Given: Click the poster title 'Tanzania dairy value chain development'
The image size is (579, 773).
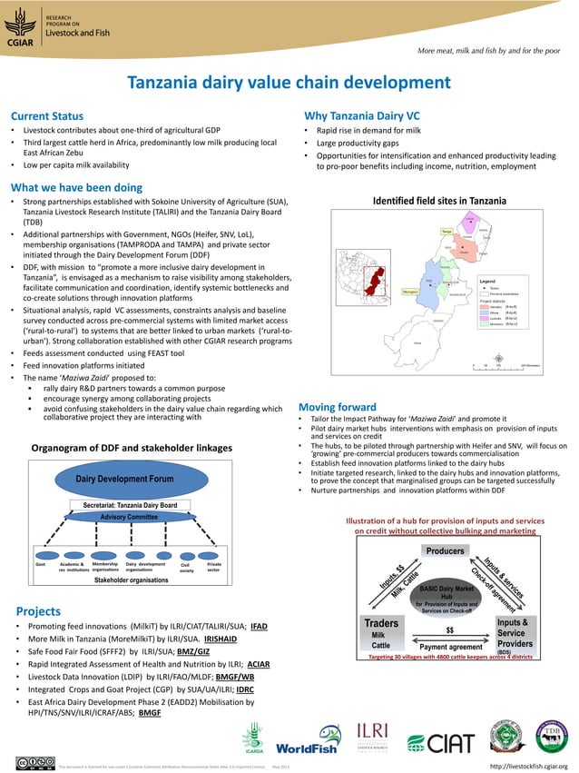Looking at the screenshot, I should pyautogui.click(x=289, y=84).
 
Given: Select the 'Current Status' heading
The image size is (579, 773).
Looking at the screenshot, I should pyautogui.click(x=46, y=116).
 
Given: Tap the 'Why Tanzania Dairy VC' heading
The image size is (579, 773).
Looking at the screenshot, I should pyautogui.click(x=361, y=116).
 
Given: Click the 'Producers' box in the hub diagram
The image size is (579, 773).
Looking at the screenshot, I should pyautogui.click(x=445, y=550).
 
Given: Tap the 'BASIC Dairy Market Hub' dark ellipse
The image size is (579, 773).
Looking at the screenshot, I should pyautogui.click(x=446, y=595).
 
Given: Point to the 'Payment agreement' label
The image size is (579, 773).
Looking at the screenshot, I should pyautogui.click(x=451, y=647).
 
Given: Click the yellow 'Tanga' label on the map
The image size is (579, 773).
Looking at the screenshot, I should pyautogui.click(x=447, y=232).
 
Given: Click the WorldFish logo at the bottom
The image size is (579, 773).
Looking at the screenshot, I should pyautogui.click(x=309, y=748).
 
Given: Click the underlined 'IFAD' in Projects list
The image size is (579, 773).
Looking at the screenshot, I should pyautogui.click(x=259, y=627).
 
